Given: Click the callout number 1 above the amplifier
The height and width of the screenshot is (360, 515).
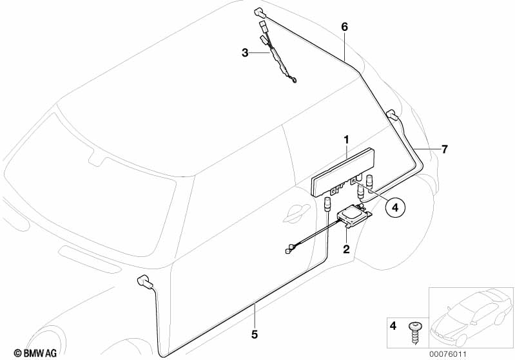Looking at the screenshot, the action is pos(347,140).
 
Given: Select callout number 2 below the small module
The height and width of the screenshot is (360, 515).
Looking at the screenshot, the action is pos(346,249).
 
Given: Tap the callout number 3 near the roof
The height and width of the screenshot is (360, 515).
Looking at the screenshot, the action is pos(245,53).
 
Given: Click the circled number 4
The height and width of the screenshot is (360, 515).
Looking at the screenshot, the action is pos(395,207).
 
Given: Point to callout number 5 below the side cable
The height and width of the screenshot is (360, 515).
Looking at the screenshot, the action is pos(255,334).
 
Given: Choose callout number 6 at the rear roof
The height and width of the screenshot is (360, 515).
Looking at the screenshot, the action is pos(344,27).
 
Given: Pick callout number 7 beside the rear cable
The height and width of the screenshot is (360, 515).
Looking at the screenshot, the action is pos(444,149).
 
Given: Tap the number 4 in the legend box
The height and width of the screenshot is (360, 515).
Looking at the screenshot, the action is pos(393,327).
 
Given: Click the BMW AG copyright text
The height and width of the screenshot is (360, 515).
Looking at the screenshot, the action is pos(35,353).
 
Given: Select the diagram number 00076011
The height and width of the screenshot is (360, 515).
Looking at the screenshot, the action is pos(448,354).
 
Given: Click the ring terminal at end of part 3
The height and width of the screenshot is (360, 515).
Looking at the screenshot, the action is pos(295,79).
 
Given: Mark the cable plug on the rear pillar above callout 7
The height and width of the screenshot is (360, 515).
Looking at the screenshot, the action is pos(392,115).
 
